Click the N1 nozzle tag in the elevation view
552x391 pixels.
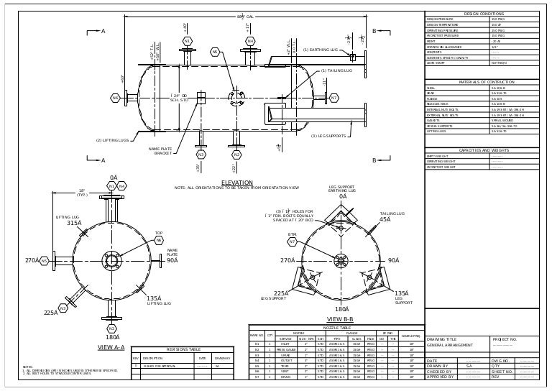[x=187, y=42]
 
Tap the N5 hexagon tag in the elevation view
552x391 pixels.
[x=214, y=52]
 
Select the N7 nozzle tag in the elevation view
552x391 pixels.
[x=333, y=98]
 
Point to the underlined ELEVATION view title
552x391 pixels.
[x=237, y=183]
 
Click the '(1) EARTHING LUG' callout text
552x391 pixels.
[x=321, y=50]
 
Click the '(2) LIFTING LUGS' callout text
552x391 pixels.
[x=112, y=140]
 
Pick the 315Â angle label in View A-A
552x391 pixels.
[x=74, y=223]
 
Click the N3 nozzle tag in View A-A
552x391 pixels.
[x=63, y=308]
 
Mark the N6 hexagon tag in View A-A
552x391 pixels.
[x=158, y=241]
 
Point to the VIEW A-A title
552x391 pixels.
[x=111, y=347]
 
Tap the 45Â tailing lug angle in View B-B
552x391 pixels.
[x=385, y=219]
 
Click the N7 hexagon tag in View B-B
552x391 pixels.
[x=293, y=241]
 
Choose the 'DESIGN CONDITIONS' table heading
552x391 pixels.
[x=484, y=14]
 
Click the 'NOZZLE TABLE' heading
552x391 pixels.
[x=336, y=327]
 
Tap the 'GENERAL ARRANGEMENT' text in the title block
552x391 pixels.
[x=451, y=346]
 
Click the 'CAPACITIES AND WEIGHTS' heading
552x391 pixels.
[x=484, y=150]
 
